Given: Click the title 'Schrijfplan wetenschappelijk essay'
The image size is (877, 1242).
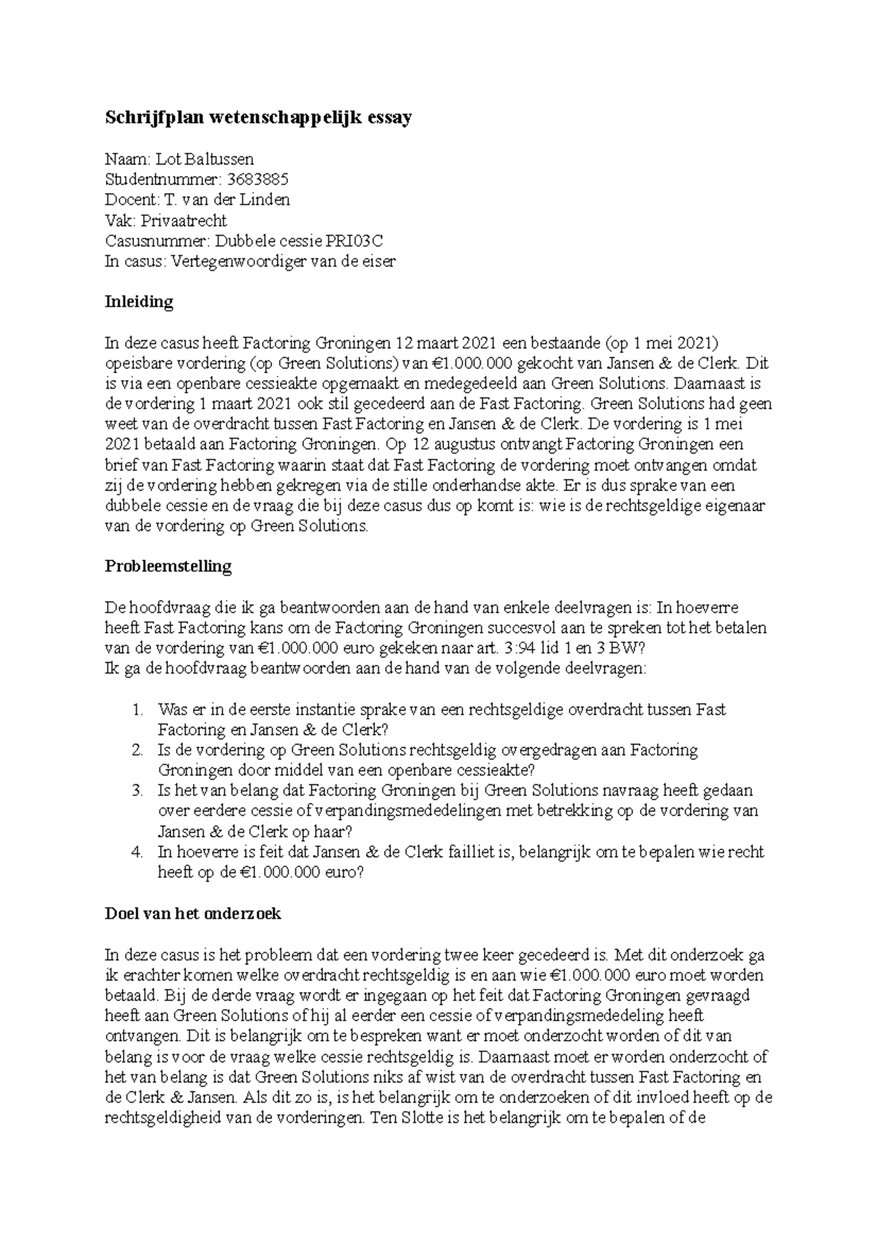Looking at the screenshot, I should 259,118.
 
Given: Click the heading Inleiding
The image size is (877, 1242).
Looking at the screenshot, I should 139,302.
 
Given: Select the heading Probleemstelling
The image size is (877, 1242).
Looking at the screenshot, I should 168,566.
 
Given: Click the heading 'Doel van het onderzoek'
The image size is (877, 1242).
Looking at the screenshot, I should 193,914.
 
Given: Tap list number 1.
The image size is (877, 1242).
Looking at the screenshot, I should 137,710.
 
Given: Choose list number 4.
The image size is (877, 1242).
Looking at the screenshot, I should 137,852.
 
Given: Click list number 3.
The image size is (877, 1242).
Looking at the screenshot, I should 137,791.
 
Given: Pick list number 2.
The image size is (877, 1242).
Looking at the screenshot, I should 137,750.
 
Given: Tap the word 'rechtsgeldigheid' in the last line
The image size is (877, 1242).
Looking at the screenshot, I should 160,1118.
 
